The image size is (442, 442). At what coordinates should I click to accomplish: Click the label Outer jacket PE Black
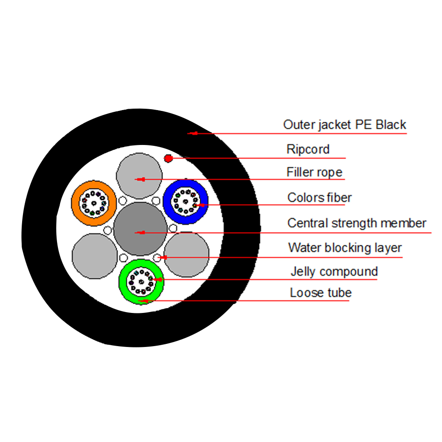pyautogui.click(x=344, y=125)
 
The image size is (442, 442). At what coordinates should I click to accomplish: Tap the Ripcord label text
pyautogui.click(x=308, y=149)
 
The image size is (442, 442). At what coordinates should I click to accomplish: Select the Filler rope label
pyautogui.click(x=314, y=172)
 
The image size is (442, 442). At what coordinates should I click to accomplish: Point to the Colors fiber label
pyautogui.click(x=319, y=198)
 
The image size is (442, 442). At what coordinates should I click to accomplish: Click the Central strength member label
pyautogui.click(x=357, y=223)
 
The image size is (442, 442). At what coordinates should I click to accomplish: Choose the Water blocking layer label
pyautogui.click(x=345, y=248)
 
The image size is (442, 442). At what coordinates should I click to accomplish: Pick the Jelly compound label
pyautogui.click(x=334, y=271)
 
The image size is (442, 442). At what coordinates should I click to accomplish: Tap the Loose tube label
pyautogui.click(x=320, y=293)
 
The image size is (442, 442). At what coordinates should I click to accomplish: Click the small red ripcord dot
pyautogui.click(x=168, y=158)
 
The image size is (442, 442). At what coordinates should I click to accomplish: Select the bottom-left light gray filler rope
pyautogui.click(x=94, y=257)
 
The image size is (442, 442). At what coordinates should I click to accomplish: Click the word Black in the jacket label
pyautogui.click(x=391, y=125)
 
